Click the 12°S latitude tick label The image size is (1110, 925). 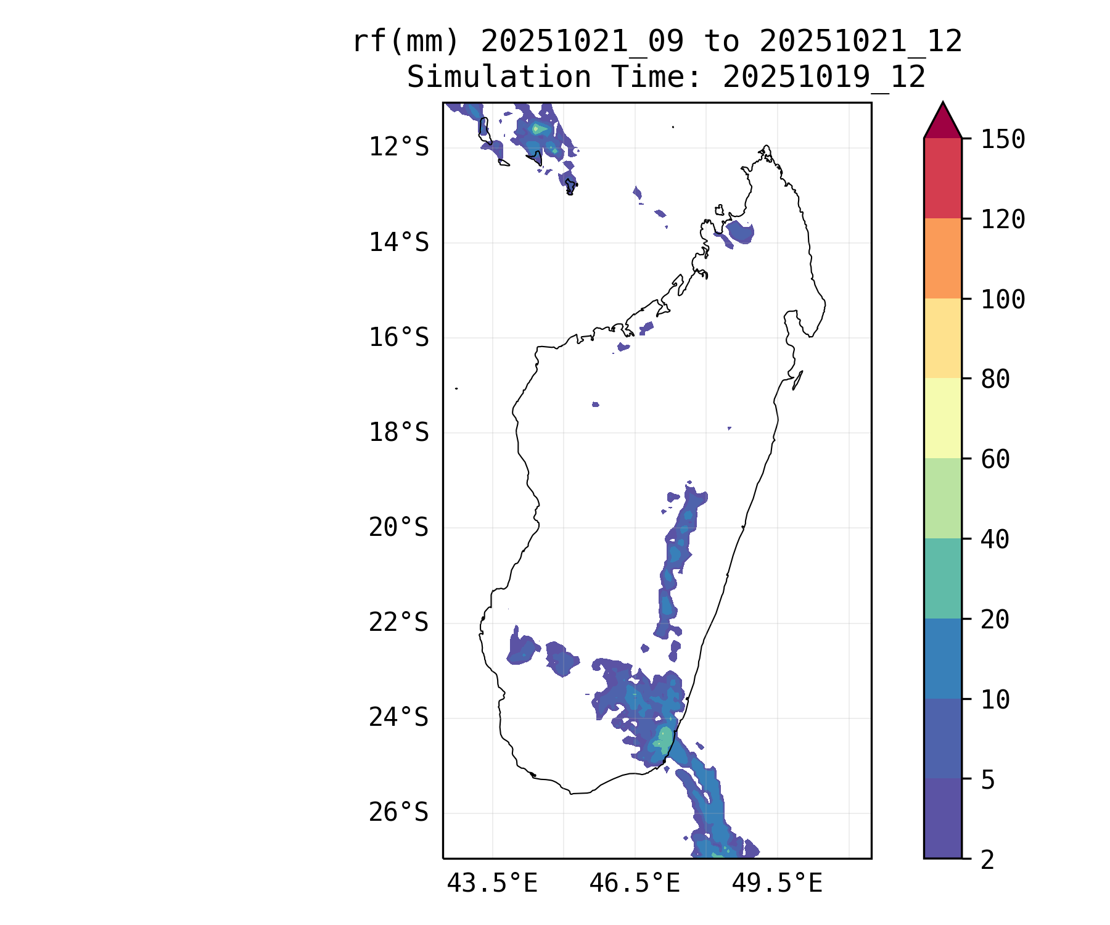click(x=398, y=147)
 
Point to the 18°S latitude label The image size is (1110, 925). click(x=398, y=432)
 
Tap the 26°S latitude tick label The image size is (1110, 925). click(x=398, y=813)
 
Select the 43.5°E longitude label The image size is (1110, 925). click(x=492, y=884)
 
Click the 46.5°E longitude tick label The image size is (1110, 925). click(x=635, y=884)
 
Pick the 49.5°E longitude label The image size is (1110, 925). click(x=777, y=884)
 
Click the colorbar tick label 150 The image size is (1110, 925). click(x=1003, y=139)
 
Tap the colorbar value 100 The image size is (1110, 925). click(x=1003, y=300)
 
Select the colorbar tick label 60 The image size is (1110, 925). click(x=995, y=459)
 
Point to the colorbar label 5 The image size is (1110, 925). click(x=988, y=780)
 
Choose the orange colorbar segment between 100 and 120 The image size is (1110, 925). click(x=943, y=258)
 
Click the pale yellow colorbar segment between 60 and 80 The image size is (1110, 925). click(x=943, y=418)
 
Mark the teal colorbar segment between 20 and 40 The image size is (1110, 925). click(x=943, y=578)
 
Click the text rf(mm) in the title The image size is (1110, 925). click(x=406, y=42)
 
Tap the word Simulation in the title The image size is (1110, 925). click(x=499, y=78)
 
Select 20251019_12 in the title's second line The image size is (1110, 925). click(x=824, y=78)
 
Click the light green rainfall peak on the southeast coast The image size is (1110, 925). click(x=664, y=739)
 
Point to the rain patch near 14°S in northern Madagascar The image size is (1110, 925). click(x=740, y=233)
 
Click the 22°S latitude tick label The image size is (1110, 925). click(x=398, y=622)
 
